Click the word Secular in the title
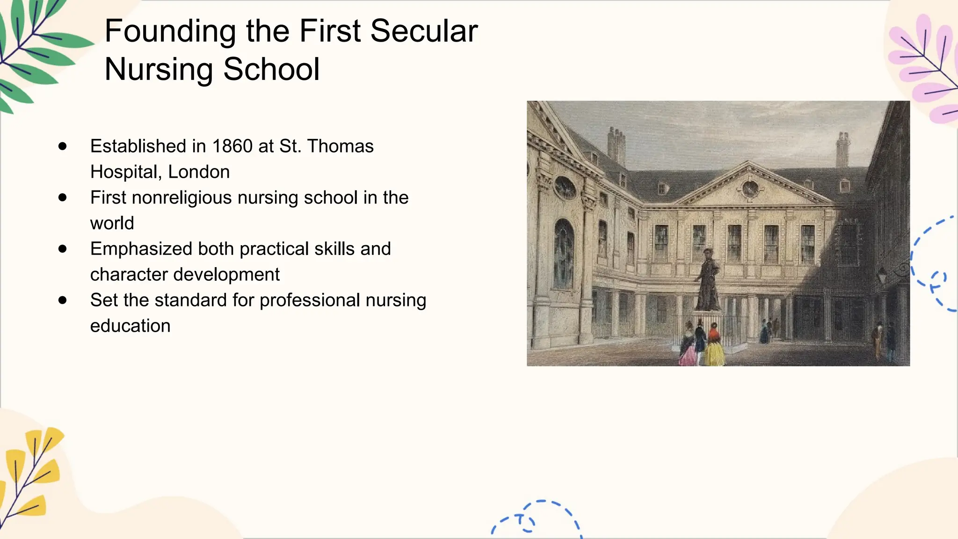click(424, 31)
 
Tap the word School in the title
click(271, 69)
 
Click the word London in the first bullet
click(199, 172)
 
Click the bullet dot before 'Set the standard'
click(63, 300)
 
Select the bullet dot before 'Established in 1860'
click(63, 146)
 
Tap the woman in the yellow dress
click(714, 346)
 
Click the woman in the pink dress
click(688, 348)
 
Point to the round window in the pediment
click(750, 189)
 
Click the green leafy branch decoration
click(37, 51)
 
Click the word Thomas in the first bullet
click(341, 146)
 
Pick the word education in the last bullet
click(131, 326)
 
